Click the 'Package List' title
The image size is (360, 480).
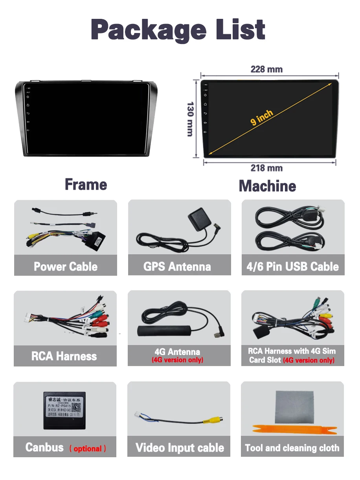178,29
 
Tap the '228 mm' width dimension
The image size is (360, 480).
266,70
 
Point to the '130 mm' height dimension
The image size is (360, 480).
190,119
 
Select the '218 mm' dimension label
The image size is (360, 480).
266,168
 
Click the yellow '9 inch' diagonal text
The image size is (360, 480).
262,118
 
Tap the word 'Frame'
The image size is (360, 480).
86,184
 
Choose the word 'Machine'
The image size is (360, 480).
267,186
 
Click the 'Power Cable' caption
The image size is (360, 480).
66,267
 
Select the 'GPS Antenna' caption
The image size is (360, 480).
177,267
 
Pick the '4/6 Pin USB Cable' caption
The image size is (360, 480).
292,267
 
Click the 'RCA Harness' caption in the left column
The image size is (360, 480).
64,356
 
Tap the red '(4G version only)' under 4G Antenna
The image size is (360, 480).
178,360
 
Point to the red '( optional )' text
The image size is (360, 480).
88,449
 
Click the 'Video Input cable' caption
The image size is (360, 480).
180,448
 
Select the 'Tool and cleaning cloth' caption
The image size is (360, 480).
292,448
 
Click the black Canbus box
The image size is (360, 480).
65,410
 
